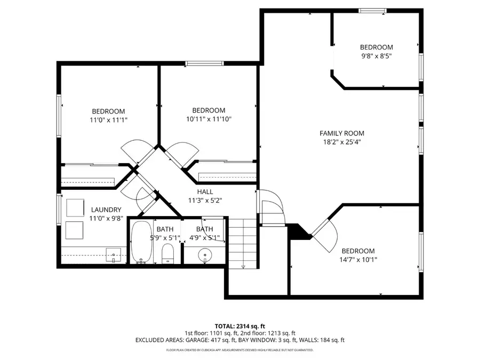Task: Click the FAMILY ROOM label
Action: click(342, 133)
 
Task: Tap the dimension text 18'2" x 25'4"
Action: click(342, 142)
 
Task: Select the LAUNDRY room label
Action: click(106, 210)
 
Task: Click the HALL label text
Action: click(205, 192)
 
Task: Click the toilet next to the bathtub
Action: click(168, 254)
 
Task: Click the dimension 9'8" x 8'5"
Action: click(376, 55)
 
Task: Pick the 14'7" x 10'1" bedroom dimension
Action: click(358, 260)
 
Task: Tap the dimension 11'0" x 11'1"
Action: click(109, 120)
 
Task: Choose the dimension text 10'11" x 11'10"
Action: click(209, 119)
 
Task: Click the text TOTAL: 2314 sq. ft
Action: click(239, 325)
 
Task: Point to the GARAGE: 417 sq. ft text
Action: click(220, 340)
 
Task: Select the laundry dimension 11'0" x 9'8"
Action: click(106, 219)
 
